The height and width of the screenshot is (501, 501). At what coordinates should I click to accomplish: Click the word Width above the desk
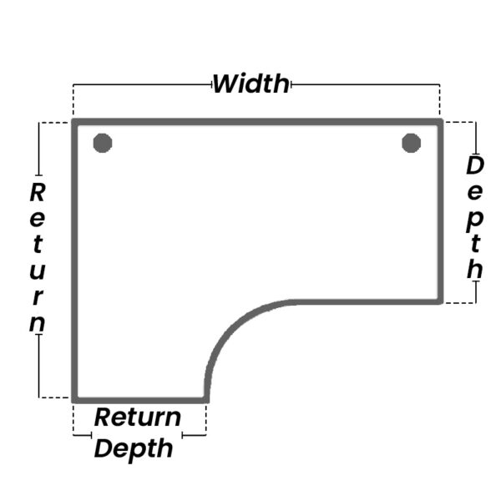point(250,83)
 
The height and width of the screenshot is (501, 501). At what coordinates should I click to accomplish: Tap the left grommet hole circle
point(103,143)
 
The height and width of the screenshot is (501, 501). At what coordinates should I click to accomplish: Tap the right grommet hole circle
point(411,143)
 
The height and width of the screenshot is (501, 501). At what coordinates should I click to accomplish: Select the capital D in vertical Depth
point(474,165)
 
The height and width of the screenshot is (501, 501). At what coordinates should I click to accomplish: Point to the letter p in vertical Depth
point(474,219)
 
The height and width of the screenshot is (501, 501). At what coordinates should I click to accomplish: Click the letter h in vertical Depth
point(474,270)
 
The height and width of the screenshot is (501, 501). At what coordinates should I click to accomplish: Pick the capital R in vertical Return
point(38,193)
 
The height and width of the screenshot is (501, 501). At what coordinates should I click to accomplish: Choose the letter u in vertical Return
point(38,271)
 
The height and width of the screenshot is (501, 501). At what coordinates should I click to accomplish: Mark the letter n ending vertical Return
point(38,322)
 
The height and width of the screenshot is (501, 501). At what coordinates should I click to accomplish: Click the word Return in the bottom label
point(137,417)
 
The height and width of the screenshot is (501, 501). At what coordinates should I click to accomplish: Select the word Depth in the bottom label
point(134,448)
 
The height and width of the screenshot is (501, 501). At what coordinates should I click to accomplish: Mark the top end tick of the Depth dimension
point(476,123)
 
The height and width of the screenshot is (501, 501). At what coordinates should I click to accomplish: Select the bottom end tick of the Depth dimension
point(476,301)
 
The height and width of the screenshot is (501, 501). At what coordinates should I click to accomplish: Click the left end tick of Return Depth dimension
point(74,434)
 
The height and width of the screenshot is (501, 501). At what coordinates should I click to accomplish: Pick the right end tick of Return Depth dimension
point(205,434)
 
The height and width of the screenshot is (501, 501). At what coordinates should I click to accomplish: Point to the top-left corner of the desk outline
point(75,123)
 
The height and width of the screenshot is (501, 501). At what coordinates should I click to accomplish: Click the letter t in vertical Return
point(38,245)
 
